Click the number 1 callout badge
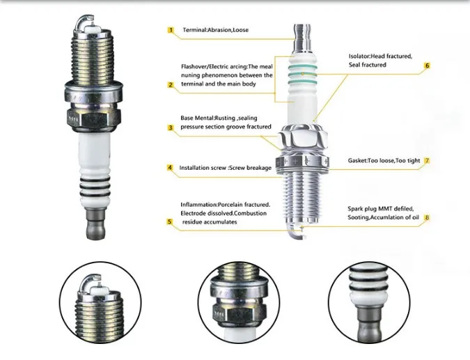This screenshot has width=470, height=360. (170, 30)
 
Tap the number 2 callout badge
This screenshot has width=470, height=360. (170, 85)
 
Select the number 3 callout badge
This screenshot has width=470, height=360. (170, 127)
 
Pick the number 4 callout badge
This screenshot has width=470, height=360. (170, 168)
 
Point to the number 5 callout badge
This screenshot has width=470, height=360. (170, 221)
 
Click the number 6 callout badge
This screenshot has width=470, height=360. (427, 65)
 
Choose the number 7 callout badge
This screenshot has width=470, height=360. (427, 161)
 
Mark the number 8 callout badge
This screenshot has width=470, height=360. (427, 218)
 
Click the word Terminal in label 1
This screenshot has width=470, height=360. (196, 30)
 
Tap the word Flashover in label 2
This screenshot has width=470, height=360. (196, 66)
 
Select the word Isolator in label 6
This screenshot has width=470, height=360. (362, 56)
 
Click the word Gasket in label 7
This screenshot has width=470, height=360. (361, 161)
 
